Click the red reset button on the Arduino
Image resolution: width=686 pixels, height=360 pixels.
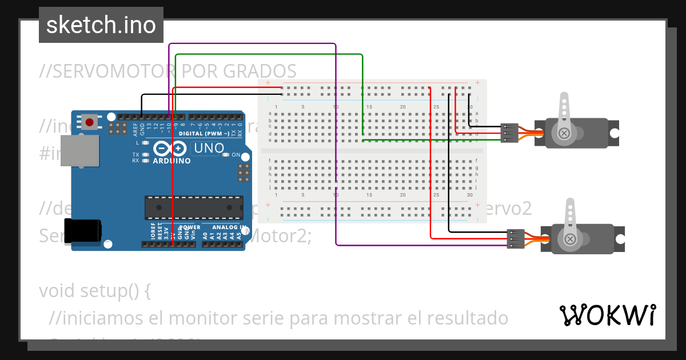point(89,122)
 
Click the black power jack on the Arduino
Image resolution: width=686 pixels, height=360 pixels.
point(83,231)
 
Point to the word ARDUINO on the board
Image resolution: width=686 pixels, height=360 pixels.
point(171,161)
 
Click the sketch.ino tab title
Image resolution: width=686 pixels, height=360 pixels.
point(101,25)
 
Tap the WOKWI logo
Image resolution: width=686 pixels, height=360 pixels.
point(607,315)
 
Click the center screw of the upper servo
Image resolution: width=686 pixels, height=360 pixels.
point(564,133)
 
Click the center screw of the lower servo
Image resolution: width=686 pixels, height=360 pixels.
point(570,239)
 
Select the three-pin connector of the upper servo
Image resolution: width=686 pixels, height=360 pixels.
point(508,133)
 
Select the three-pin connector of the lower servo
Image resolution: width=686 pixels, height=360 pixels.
point(515,239)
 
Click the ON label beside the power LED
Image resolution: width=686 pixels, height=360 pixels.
point(236,155)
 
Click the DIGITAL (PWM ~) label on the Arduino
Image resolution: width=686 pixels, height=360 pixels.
point(204,133)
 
